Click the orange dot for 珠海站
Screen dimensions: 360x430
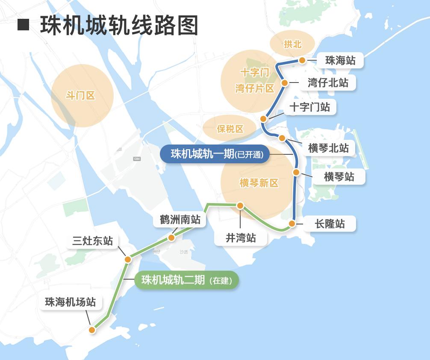(302, 60)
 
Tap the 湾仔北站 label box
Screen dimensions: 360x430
(328, 83)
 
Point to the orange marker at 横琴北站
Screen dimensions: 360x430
(282, 138)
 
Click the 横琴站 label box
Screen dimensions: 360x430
(339, 177)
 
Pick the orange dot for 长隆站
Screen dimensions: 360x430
(292, 224)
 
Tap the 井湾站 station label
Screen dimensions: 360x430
(241, 238)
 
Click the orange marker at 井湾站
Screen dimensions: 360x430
(240, 206)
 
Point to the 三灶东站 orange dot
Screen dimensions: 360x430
(128, 259)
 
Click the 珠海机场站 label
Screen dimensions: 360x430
(71, 302)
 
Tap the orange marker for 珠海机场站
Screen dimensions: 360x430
(92, 330)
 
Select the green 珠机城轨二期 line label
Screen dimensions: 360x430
(186, 280)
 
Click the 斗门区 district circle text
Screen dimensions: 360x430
(80, 96)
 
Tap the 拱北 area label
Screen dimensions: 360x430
(292, 44)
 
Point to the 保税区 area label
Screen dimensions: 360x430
(230, 129)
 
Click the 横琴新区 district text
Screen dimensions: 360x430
(259, 183)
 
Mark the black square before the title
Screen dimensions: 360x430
(24, 25)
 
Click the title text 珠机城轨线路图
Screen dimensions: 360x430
(120, 26)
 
